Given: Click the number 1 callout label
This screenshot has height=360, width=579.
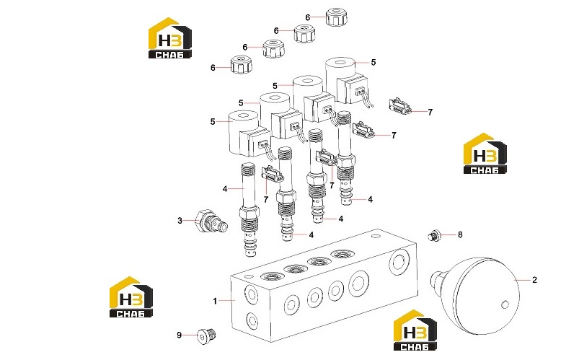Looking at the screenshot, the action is point(215,302).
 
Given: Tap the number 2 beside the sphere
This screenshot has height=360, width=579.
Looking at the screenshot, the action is point(534,280).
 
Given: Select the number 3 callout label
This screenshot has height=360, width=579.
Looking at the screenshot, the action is point(180,221).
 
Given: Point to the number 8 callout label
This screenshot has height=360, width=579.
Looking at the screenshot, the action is point(460,234).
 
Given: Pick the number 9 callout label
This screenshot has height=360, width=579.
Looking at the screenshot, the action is point(179,335).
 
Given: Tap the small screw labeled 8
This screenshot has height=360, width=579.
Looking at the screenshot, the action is point(433,235).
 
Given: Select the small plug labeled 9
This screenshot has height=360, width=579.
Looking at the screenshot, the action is point(206,335).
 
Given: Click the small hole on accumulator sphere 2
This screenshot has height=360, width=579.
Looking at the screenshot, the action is point(505,305).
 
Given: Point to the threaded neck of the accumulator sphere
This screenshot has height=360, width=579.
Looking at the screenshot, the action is point(437,281).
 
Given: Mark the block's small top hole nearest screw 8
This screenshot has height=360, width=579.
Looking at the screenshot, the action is point(376,235).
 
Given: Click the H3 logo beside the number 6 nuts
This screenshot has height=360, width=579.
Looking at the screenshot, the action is point(170,38).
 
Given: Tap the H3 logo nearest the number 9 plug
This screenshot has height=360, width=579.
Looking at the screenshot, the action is point(131,297).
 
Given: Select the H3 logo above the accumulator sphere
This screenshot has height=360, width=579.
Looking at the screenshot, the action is point(485,154).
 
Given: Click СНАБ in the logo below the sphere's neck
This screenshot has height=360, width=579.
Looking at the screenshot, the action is point(415,347).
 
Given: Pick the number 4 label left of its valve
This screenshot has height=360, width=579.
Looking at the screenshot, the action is point(225,189).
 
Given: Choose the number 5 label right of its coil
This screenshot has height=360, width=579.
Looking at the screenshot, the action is point(374,63).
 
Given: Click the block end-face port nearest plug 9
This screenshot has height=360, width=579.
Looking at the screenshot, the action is point(252,320).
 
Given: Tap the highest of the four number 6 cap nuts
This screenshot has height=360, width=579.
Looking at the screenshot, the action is point(337,17).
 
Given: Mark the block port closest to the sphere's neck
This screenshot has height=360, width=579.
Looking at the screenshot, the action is point(399,262).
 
